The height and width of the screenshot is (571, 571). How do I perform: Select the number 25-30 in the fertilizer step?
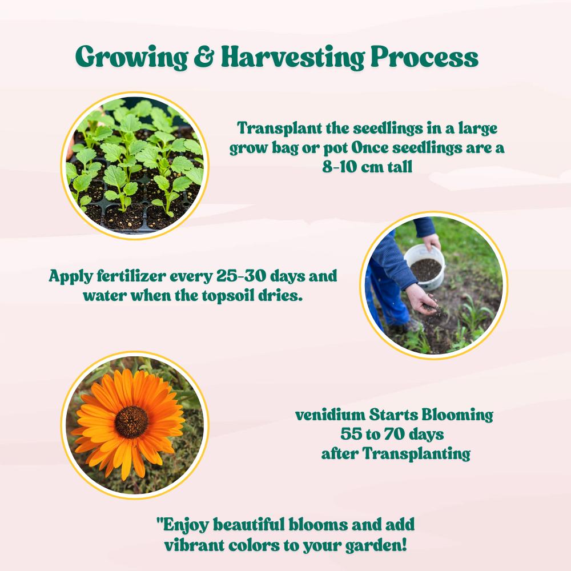point(241,276)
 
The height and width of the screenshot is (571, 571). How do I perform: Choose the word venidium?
point(330,415)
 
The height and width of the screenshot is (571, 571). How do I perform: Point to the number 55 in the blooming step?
point(351,434)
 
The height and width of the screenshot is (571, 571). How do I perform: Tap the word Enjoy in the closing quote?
point(186,525)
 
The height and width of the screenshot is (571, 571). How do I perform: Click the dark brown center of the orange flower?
point(131,422)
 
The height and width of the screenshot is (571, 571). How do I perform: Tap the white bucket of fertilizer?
point(425,267)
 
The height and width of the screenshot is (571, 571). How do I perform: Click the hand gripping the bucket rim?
point(432,242)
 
